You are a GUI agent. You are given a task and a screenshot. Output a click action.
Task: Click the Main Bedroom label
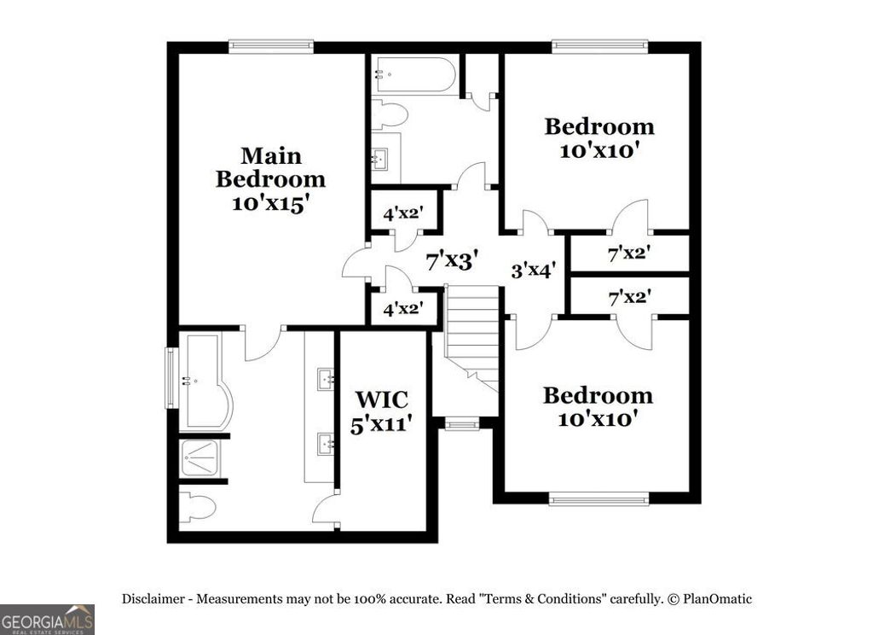point(270,179)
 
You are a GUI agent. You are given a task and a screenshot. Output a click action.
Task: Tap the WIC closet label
point(381,411)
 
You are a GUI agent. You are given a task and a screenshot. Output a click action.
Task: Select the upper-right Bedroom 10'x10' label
point(599,138)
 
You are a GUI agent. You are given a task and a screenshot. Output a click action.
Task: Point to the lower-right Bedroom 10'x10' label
point(598,407)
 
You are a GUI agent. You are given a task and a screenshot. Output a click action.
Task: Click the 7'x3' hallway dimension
point(451,259)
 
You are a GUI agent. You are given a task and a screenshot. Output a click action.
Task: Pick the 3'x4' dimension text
point(534,271)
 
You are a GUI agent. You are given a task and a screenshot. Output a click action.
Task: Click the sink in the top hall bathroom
point(382,159)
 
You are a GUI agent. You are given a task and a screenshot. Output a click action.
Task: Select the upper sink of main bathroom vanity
point(326,379)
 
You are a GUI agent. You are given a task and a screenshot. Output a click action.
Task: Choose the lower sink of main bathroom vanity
point(326,442)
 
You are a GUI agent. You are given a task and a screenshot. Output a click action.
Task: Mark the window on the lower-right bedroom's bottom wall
point(598,498)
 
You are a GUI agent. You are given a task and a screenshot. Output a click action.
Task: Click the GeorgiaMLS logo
point(47,619)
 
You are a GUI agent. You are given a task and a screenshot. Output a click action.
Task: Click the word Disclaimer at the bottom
point(154,599)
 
